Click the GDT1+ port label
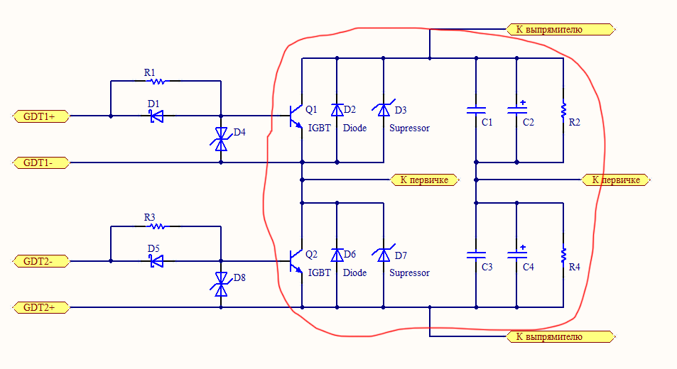(x=41, y=116)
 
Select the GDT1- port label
(x=41, y=163)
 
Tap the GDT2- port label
(x=41, y=261)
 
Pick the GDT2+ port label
(x=41, y=308)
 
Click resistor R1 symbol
(x=157, y=82)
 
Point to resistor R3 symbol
(x=157, y=227)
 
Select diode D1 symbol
(x=156, y=116)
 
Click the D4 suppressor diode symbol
(x=221, y=139)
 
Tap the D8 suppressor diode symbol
(x=221, y=285)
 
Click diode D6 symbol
(x=337, y=255)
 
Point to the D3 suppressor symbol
(x=384, y=110)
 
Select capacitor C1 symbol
(x=476, y=111)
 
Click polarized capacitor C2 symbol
(x=516, y=110)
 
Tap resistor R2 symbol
(x=563, y=111)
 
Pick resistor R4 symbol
(x=563, y=255)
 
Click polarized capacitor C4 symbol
(x=516, y=255)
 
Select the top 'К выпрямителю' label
(x=559, y=30)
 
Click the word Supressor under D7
(x=409, y=273)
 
